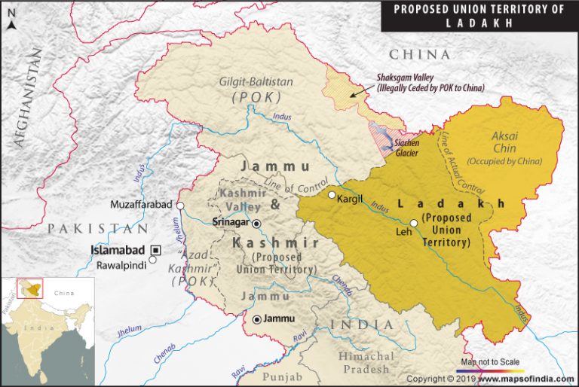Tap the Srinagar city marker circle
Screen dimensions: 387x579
tap(257, 224)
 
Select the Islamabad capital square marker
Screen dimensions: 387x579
tap(156, 249)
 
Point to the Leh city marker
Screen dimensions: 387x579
tap(414, 223)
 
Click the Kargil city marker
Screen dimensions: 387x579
tap(332, 196)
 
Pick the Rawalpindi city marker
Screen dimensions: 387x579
tap(153, 260)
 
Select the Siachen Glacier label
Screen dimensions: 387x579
tap(413, 148)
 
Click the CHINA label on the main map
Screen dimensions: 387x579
tap(419, 55)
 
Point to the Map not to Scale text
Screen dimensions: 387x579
tap(489, 359)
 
